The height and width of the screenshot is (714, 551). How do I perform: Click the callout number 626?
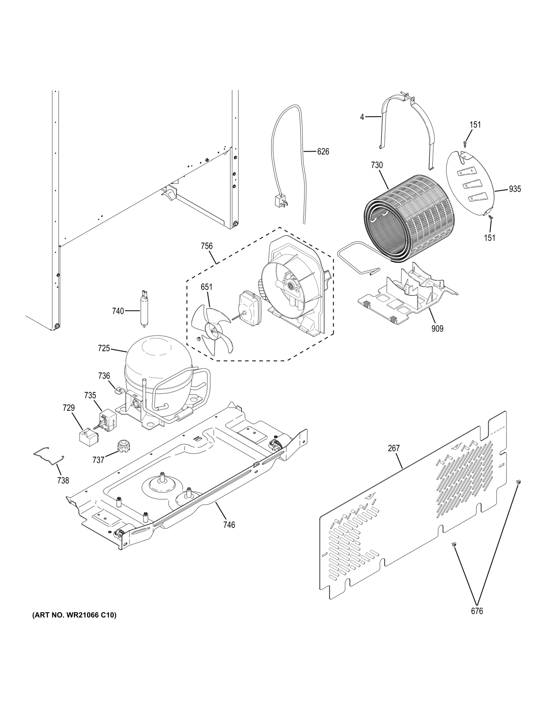coord(323,152)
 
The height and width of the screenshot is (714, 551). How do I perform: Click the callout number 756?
coord(206,246)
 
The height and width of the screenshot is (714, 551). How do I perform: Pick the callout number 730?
coord(377,165)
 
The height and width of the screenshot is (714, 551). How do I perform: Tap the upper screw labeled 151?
coord(465,144)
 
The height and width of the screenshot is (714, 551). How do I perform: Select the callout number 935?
coord(514,189)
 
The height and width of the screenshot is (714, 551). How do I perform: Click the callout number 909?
coord(437,329)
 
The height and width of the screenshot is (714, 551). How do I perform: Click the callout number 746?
coord(229,525)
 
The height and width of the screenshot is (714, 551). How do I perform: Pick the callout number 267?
coord(393,448)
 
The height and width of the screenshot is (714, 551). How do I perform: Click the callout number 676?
coord(477,611)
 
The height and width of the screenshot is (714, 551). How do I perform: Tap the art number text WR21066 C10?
coord(74,615)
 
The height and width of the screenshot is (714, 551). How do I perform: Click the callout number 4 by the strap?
coord(362,118)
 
